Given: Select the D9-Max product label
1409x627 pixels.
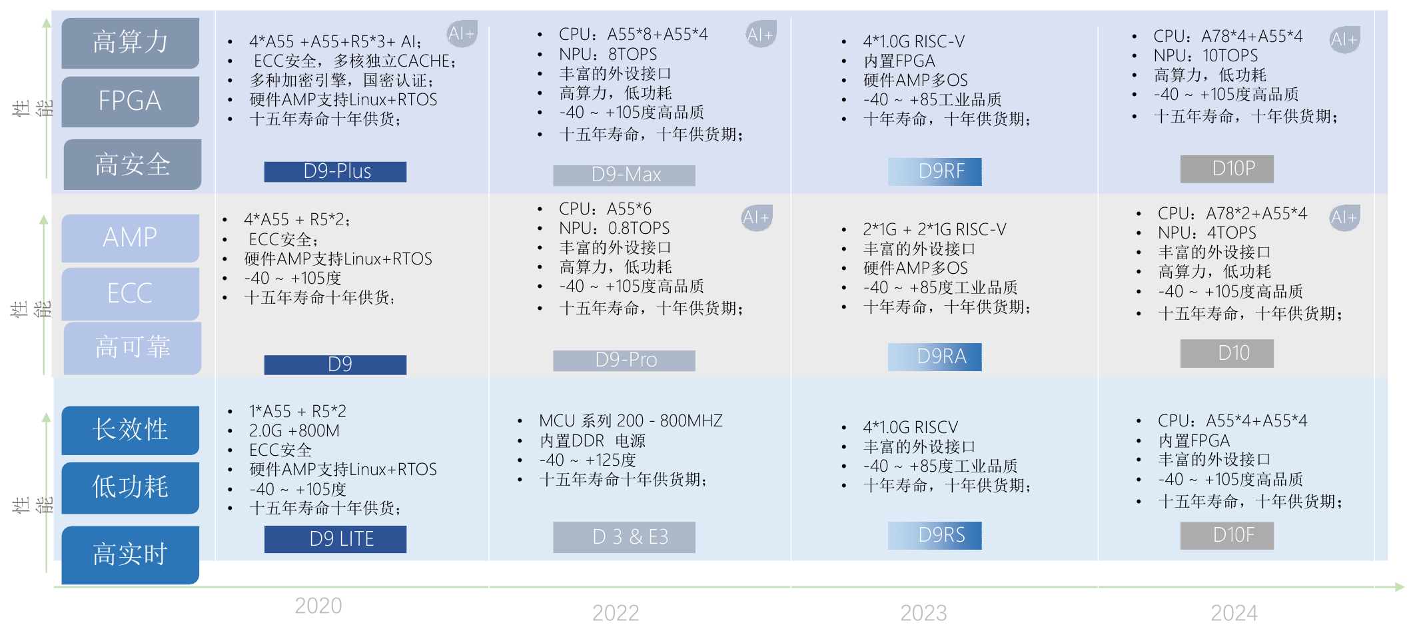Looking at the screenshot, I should (x=624, y=175).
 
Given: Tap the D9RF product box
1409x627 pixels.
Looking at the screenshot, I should (x=935, y=171).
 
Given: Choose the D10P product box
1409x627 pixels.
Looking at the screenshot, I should (x=1226, y=169).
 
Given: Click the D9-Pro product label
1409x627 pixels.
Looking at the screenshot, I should (x=624, y=360).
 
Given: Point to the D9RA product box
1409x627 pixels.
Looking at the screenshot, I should (x=935, y=356).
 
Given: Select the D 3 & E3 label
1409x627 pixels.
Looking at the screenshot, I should (x=624, y=537).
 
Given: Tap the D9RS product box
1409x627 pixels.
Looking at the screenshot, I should (x=935, y=535).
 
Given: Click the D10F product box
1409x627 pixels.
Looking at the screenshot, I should (x=1226, y=535).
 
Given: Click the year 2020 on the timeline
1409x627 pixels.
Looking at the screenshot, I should (x=318, y=606).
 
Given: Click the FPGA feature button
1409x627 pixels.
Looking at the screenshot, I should (x=131, y=101).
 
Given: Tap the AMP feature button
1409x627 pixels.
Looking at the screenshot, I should (x=131, y=238).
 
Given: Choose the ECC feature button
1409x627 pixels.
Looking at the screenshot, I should (x=131, y=293).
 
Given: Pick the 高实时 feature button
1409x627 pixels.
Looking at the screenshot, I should (x=131, y=554).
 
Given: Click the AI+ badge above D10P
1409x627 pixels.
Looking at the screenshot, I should (x=1344, y=40).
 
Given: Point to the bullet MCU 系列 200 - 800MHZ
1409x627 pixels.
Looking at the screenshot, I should (x=630, y=421).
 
